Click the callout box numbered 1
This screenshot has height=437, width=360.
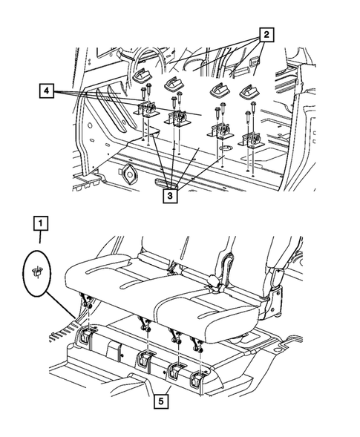coord(41,223)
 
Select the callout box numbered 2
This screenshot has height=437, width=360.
coord(266,35)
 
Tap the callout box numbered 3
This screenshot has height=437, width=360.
coord(170,196)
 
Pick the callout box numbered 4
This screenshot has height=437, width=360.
coord(47,91)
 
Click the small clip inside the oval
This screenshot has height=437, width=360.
coord(37,272)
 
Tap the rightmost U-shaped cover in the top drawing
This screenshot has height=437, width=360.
coord(249,92)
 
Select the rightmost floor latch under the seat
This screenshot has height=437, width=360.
coord(198,379)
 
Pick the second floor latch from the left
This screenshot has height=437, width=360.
coord(144,361)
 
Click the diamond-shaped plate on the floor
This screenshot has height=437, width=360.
coord(128,175)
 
